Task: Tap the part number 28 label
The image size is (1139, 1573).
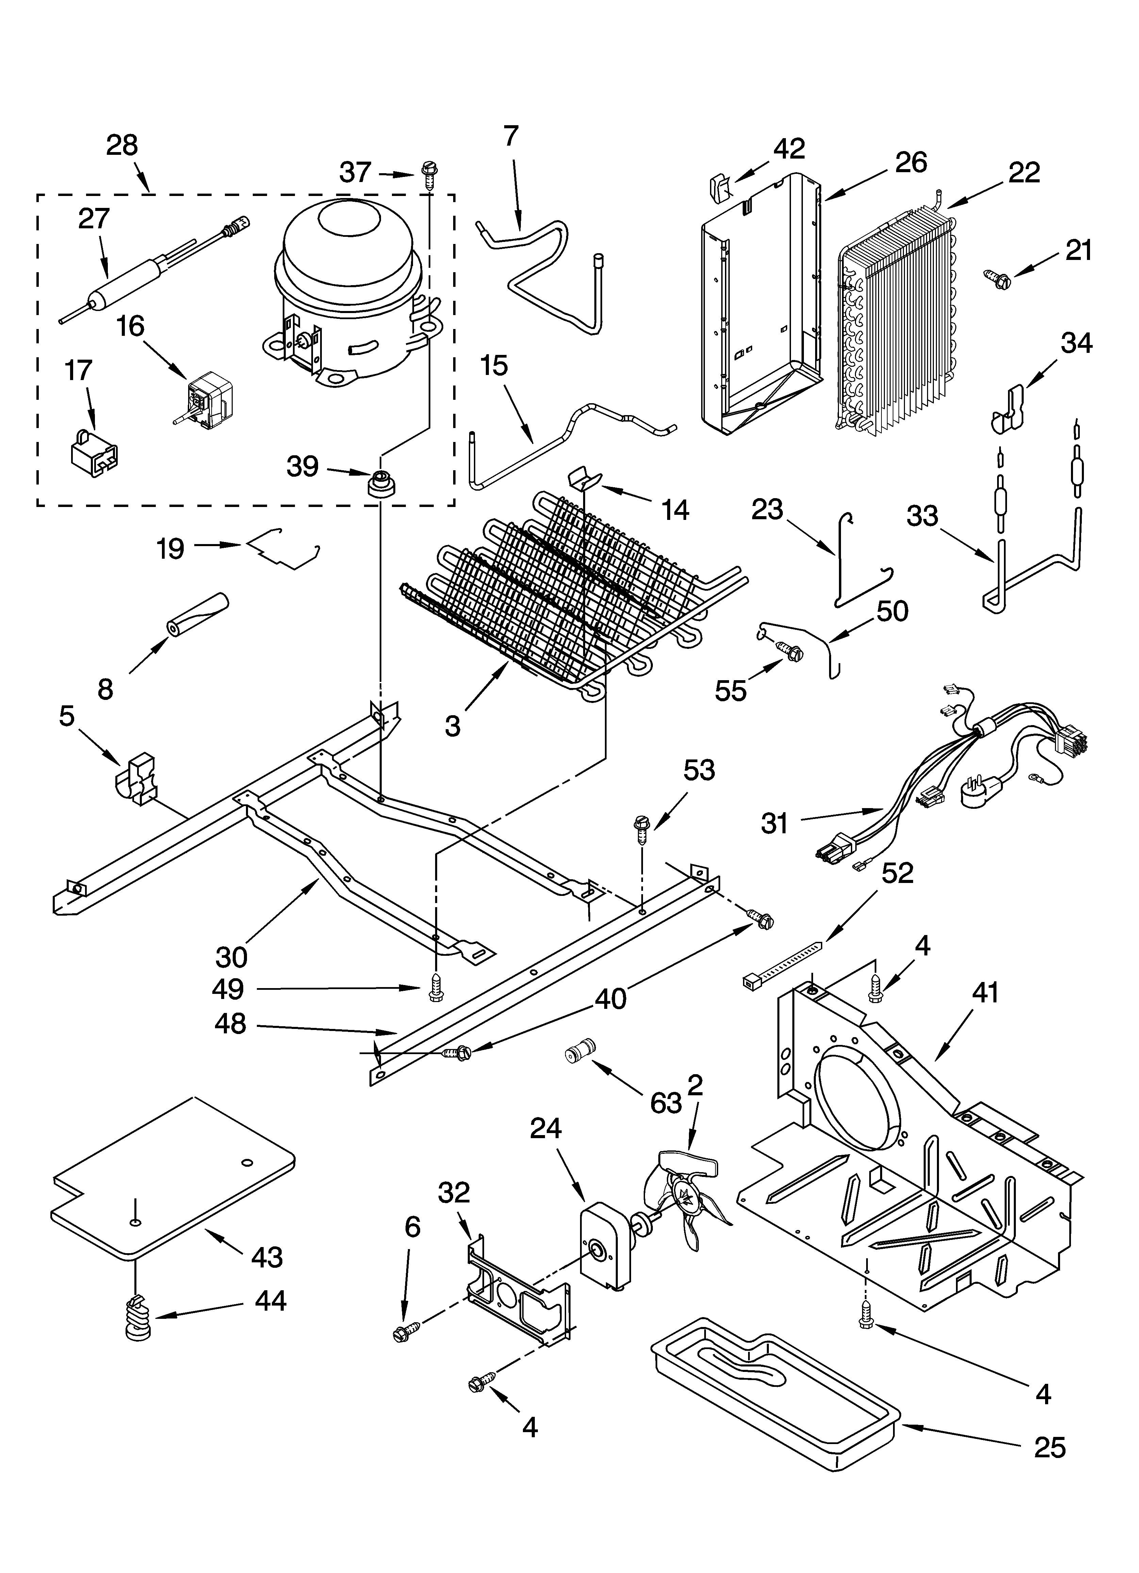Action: (122, 146)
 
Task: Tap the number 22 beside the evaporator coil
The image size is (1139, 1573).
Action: (1024, 173)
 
